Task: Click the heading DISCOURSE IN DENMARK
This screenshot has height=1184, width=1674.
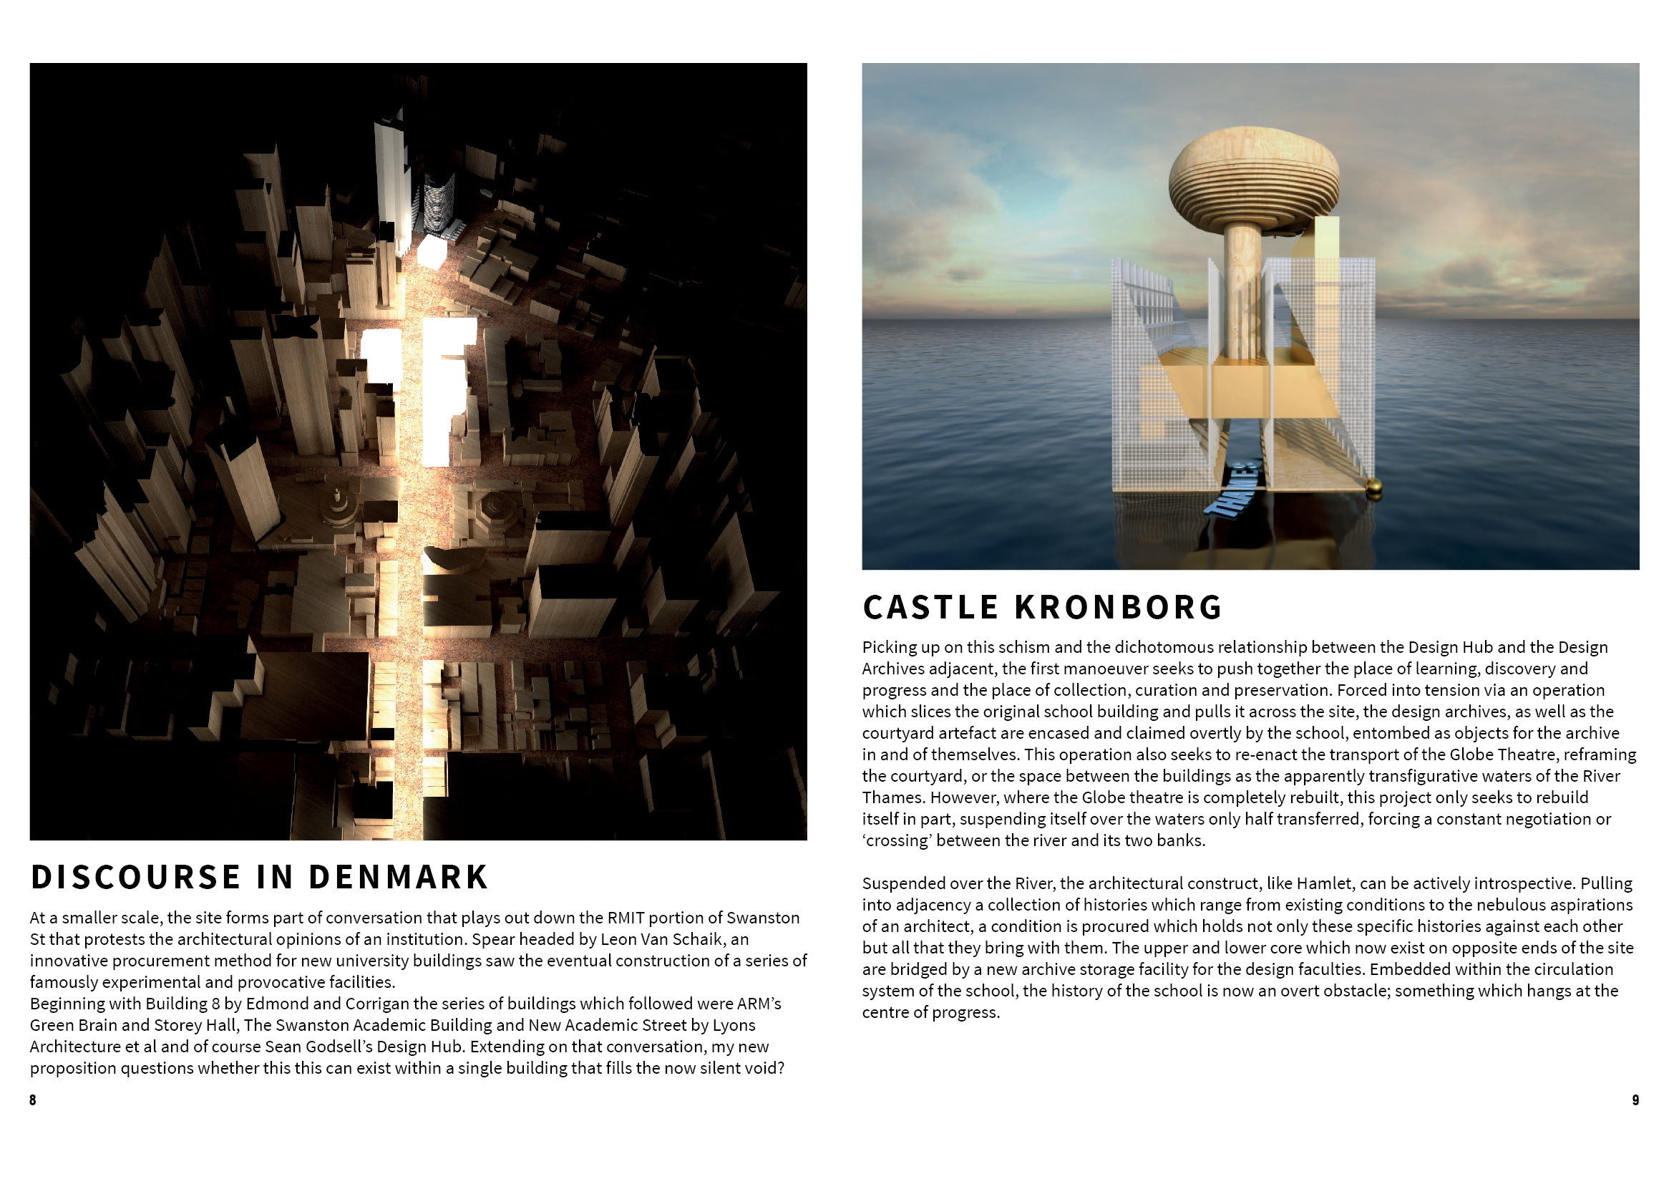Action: click(x=259, y=877)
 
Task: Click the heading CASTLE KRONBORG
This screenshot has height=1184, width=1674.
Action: click(x=1042, y=607)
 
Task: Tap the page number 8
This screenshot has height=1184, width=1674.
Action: click(x=33, y=1100)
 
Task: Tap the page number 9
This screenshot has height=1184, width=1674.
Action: click(x=1635, y=1100)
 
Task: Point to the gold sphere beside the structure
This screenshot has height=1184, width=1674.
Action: click(x=1373, y=487)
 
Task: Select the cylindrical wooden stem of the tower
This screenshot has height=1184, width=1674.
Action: click(x=1243, y=291)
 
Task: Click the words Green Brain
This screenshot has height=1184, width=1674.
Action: click(x=72, y=1025)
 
